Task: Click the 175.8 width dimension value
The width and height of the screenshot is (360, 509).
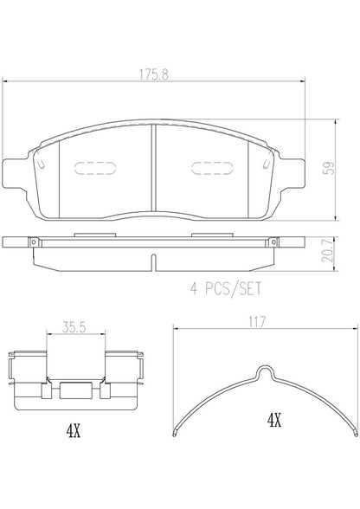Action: pos(156,75)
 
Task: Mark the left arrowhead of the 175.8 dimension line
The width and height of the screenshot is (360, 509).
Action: pos(7,83)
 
